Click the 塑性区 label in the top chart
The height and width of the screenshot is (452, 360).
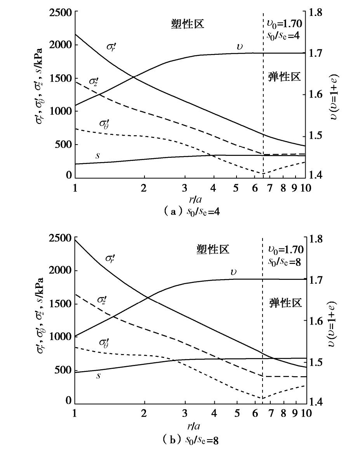tap(188, 24)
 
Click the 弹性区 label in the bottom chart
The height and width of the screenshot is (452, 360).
tap(285, 303)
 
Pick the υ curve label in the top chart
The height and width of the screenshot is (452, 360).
tap(240, 47)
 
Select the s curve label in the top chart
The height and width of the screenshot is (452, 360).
tap(98, 155)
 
